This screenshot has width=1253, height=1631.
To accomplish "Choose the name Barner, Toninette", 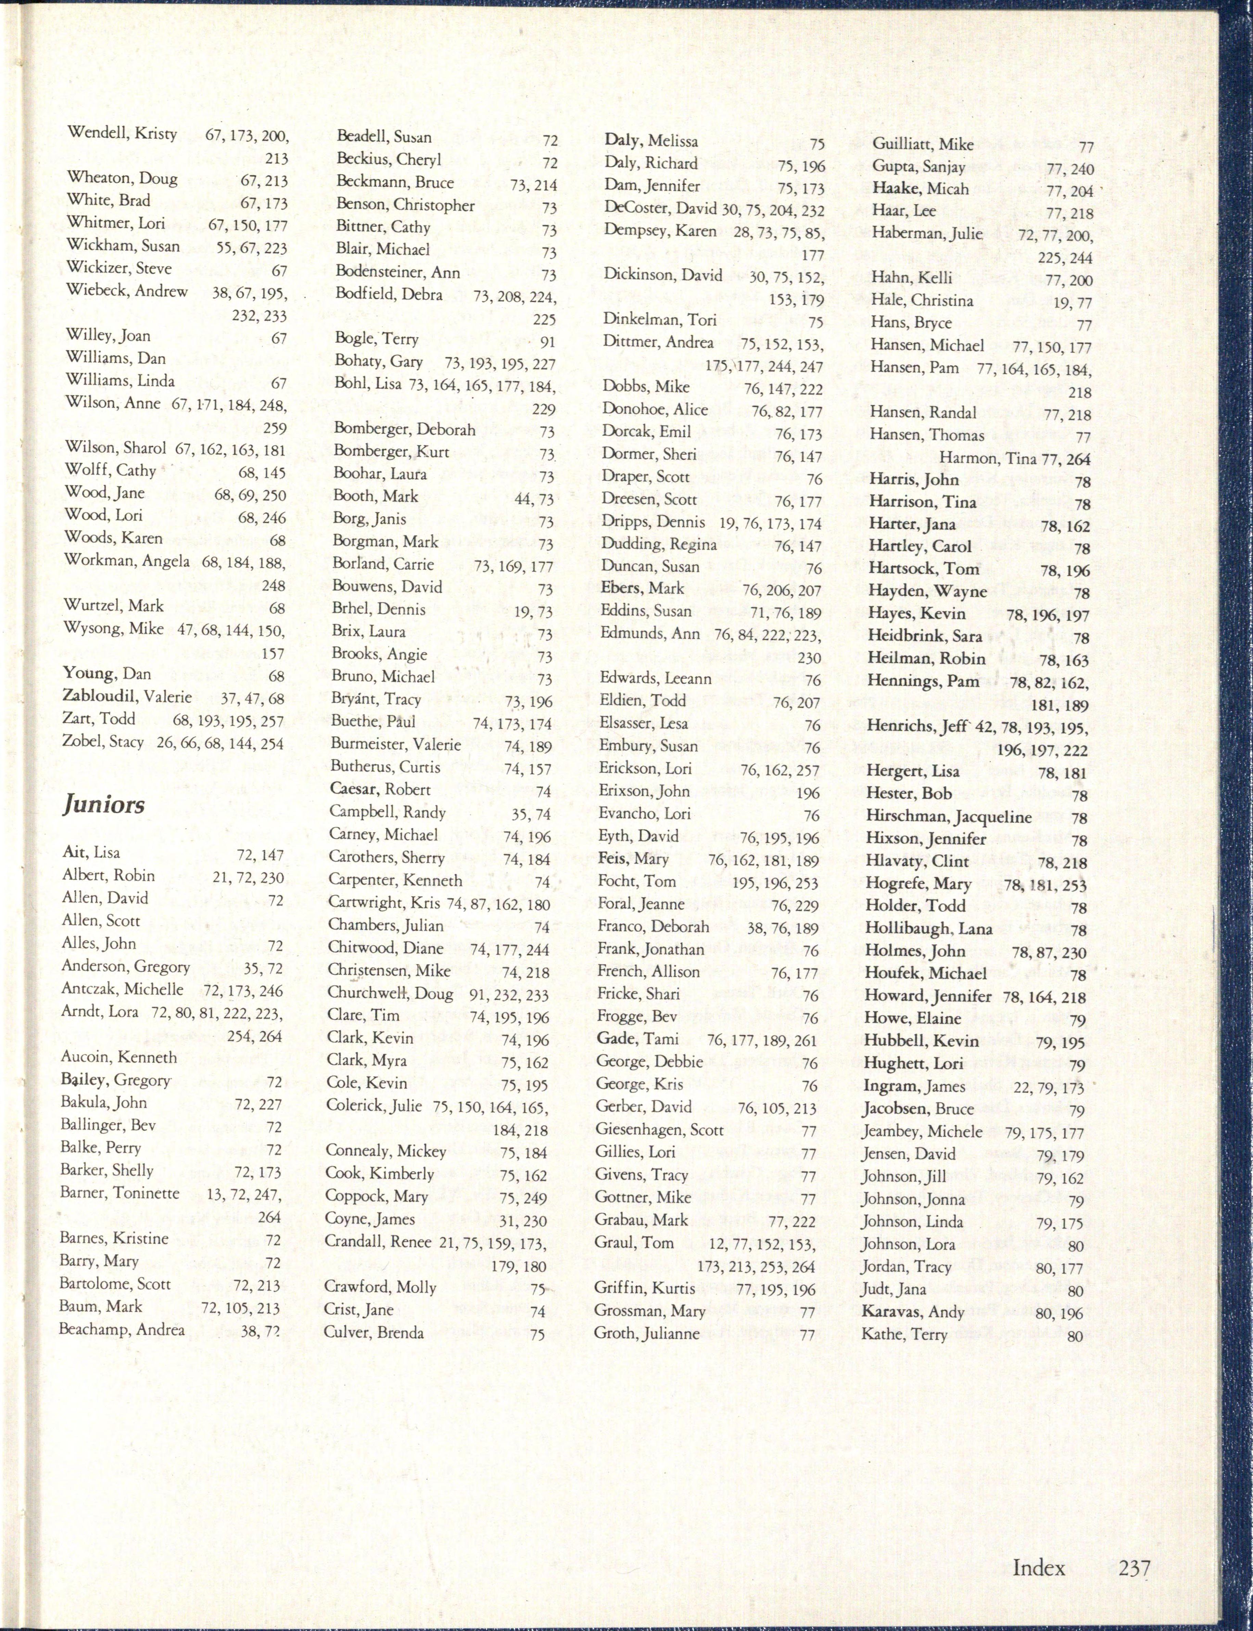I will click(120, 1192).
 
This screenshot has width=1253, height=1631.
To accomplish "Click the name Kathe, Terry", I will click(904, 1334).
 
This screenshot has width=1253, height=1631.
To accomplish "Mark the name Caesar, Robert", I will click(380, 789).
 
